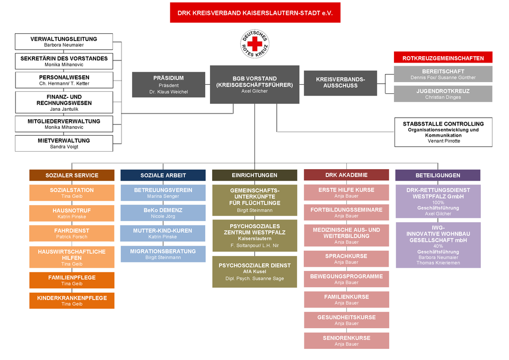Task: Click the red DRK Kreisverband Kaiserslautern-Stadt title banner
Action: tap(255, 12)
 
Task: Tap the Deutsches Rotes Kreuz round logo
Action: tap(254, 44)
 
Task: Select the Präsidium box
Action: tap(168, 85)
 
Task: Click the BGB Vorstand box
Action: tap(254, 84)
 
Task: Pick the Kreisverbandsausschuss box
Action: tap(340, 83)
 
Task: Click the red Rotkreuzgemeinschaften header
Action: tap(443, 58)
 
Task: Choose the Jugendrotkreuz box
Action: tap(443, 94)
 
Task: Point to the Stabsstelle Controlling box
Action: tap(443, 132)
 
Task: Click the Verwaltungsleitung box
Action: tap(64, 42)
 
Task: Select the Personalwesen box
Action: tap(64, 80)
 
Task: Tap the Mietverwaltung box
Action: tap(64, 143)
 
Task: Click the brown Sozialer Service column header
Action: tap(72, 175)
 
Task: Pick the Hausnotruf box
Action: tap(72, 213)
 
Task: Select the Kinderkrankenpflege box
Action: tap(72, 301)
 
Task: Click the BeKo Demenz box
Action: tap(163, 213)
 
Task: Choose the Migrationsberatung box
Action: tap(163, 254)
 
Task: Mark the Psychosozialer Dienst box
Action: tap(254, 271)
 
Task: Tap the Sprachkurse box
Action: tap(346, 259)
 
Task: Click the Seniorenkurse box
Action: tap(346, 340)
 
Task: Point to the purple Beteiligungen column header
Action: tap(437, 175)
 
